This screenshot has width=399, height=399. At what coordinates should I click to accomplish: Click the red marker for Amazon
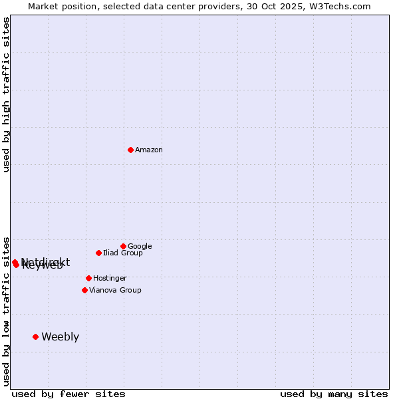[130, 150]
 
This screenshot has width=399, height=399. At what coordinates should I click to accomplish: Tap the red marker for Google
[123, 246]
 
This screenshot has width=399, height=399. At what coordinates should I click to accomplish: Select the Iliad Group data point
[98, 253]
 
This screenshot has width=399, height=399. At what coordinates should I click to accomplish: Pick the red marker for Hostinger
[88, 278]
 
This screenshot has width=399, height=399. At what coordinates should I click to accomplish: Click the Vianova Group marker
[84, 290]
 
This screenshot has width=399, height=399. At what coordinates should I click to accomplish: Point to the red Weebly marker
[35, 336]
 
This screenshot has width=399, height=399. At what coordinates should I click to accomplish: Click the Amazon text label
[149, 150]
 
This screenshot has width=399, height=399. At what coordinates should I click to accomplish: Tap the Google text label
[140, 246]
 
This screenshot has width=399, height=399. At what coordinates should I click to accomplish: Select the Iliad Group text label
[123, 253]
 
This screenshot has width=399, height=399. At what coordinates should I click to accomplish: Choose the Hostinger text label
[110, 278]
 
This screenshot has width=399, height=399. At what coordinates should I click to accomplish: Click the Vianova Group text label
[115, 290]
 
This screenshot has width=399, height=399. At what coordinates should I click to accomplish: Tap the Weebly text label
[60, 336]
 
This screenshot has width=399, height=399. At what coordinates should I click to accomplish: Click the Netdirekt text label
[45, 261]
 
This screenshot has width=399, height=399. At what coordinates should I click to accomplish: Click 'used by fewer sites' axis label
[68, 394]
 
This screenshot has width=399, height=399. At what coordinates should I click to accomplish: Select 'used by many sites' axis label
[334, 394]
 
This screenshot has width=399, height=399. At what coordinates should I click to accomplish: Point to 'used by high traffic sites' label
[7, 94]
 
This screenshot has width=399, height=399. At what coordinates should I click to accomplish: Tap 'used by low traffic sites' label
[7, 311]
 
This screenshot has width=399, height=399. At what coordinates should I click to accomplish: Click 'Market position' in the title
[59, 7]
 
